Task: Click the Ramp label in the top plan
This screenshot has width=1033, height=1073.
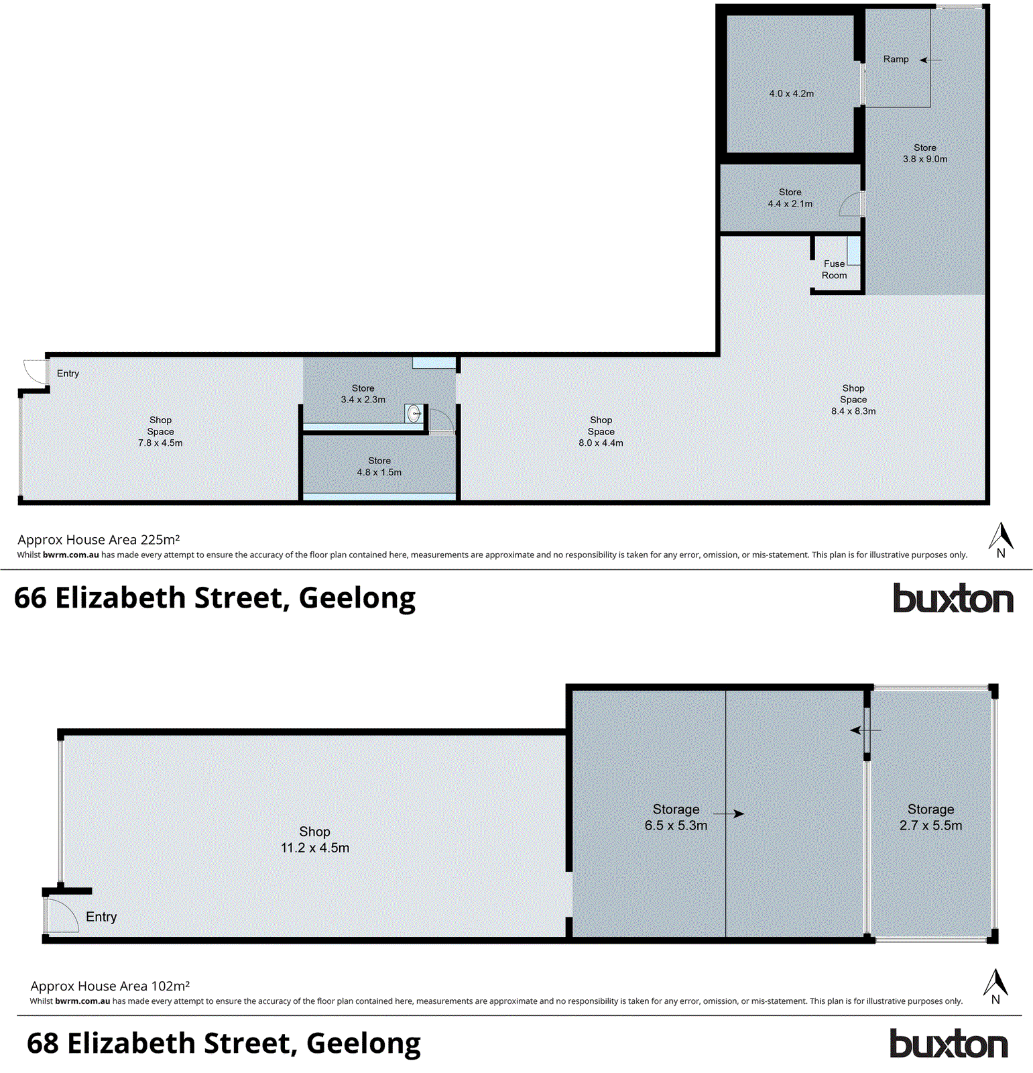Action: click(x=896, y=59)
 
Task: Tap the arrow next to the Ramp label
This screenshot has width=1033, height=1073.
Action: click(x=930, y=60)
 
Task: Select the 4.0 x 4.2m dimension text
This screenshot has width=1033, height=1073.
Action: click(x=791, y=93)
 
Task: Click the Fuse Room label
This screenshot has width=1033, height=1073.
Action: click(x=834, y=270)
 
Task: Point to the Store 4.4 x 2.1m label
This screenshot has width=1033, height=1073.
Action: click(x=790, y=198)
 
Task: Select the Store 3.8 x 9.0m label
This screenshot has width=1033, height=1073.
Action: click(x=924, y=154)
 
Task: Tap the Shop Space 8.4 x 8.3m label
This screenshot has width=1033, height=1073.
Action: click(x=853, y=400)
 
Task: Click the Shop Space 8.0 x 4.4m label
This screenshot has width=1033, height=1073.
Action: click(x=601, y=431)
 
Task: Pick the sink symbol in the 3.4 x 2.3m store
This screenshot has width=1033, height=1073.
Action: click(x=414, y=413)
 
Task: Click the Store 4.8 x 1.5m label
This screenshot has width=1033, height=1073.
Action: click(x=379, y=467)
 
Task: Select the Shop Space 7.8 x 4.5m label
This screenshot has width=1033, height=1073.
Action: click(x=160, y=431)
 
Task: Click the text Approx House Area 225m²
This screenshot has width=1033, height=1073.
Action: click(x=99, y=540)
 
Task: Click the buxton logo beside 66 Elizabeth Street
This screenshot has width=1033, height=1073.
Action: click(x=953, y=598)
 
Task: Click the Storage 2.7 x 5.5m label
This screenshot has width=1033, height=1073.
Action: click(x=930, y=817)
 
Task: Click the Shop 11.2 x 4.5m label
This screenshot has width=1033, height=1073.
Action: click(x=314, y=840)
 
